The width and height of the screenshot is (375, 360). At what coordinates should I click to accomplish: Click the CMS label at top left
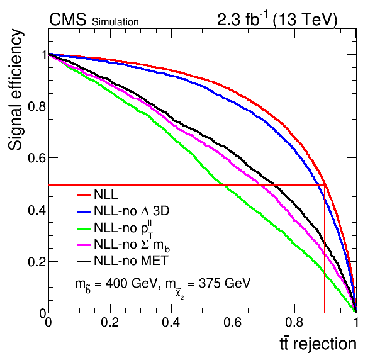click(67, 20)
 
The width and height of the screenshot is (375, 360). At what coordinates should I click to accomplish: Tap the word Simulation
click(115, 22)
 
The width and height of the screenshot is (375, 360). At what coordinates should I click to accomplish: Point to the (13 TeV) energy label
click(305, 20)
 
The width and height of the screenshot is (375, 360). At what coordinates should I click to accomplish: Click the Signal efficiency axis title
click(15, 89)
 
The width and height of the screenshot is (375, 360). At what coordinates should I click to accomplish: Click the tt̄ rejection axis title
click(318, 344)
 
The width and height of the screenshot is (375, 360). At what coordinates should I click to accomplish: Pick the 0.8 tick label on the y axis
click(36, 106)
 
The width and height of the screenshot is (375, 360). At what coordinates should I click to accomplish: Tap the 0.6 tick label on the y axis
click(36, 158)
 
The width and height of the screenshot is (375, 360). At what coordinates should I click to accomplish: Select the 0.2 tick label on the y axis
click(36, 262)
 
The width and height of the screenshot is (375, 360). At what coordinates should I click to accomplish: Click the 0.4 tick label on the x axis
click(171, 322)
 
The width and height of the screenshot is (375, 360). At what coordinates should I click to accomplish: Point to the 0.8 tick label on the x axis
click(294, 322)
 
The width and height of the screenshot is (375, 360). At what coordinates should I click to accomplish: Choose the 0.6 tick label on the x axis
click(232, 322)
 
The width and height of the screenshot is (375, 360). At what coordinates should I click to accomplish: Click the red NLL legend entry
click(98, 194)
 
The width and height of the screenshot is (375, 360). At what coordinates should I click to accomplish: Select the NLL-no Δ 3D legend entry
click(123, 211)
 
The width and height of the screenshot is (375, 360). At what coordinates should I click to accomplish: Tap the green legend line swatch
click(84, 228)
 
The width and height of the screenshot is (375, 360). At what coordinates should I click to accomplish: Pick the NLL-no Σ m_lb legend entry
click(124, 245)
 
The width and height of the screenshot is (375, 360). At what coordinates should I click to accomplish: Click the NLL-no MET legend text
click(132, 261)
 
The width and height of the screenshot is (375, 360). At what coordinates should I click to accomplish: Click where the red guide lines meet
click(325, 185)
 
